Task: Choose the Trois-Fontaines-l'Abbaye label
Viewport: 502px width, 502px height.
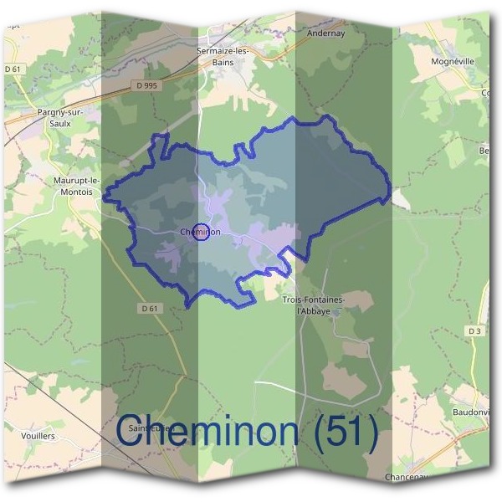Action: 315,304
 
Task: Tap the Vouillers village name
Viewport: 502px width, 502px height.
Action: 37,436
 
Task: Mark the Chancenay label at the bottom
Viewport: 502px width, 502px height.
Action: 407,477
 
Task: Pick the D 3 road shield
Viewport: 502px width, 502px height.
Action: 475,331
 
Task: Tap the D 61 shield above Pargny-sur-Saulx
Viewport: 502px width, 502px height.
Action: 12,69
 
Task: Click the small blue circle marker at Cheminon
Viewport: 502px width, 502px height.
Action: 200,233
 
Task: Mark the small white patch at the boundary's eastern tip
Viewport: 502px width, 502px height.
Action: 401,199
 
